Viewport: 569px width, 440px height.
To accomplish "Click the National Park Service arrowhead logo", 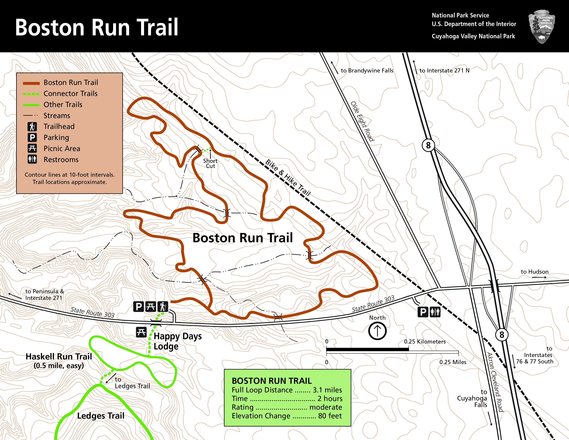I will point(542,26).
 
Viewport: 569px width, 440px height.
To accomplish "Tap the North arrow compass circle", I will point(377,331).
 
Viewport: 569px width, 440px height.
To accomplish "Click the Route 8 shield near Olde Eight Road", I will point(428,145).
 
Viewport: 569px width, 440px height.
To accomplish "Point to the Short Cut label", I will point(210,163).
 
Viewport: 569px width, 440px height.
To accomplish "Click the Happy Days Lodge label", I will point(178,341).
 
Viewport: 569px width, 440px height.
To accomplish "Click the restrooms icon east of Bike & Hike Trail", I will point(435,312).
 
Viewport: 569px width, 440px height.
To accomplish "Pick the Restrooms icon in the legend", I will point(32,159).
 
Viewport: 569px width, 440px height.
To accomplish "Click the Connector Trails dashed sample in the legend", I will point(31,94).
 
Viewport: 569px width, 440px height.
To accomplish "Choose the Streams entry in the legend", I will point(57,115).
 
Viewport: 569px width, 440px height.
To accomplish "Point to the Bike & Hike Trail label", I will point(288,178).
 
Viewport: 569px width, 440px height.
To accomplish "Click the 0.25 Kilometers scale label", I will point(425,341).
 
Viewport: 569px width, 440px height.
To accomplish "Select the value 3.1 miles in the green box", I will point(327,390).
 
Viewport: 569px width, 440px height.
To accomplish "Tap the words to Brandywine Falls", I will point(367,70).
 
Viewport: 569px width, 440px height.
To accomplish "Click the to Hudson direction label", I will point(535,272).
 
